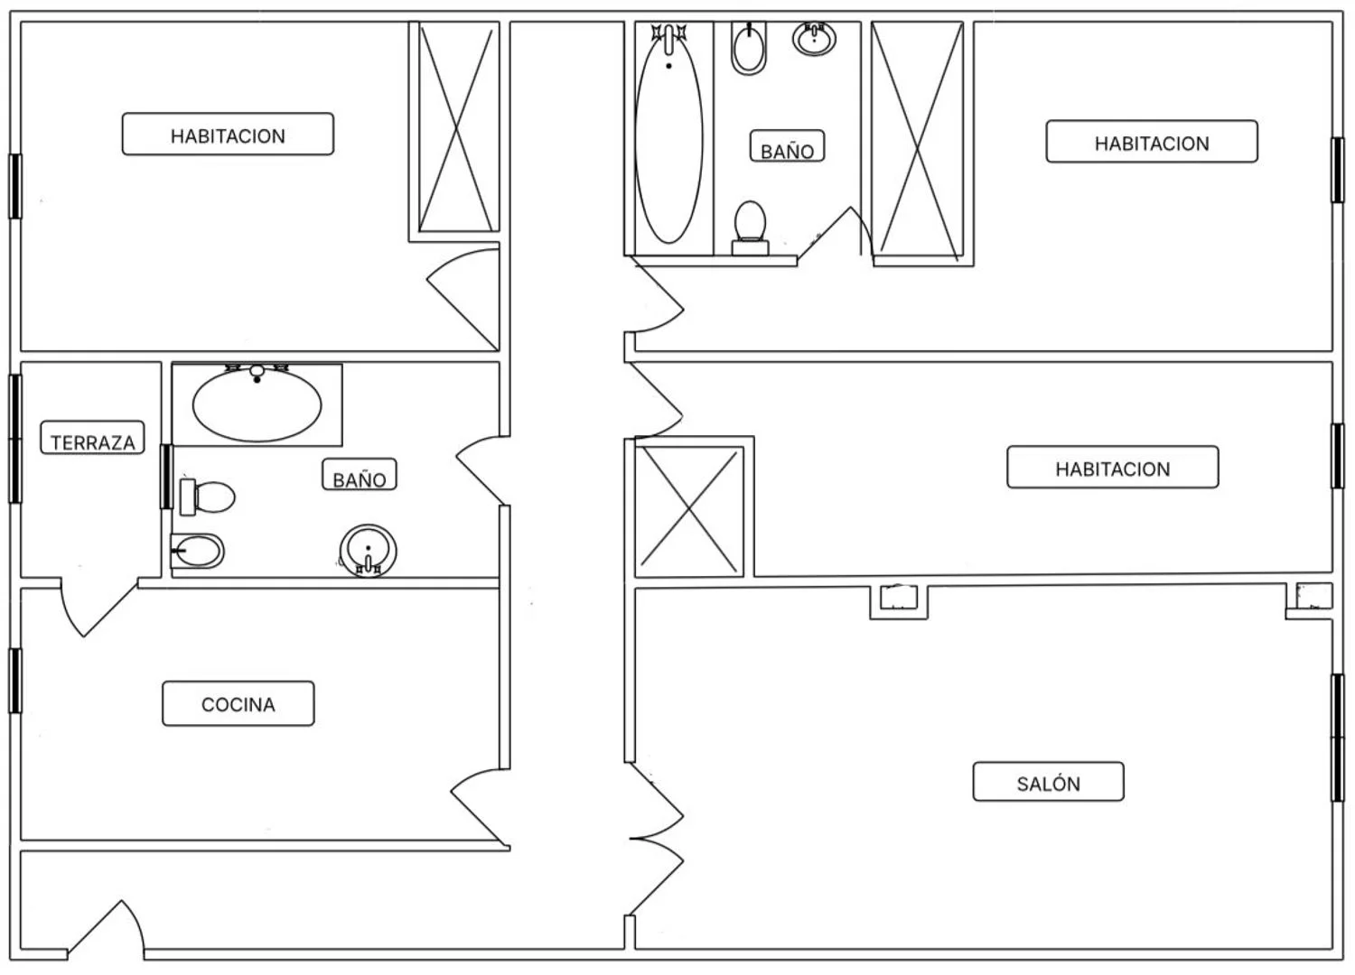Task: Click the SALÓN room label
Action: (1048, 783)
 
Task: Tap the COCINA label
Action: (238, 704)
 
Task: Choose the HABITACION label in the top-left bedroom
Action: (228, 135)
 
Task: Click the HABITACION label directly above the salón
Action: (1112, 468)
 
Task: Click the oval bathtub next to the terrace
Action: (257, 404)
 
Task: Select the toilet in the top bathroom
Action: (750, 226)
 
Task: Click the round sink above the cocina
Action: (368, 549)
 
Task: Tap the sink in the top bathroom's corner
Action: (814, 38)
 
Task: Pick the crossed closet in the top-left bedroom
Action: (457, 127)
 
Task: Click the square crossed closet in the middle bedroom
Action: (689, 510)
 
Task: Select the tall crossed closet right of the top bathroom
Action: (917, 143)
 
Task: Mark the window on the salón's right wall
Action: (1338, 737)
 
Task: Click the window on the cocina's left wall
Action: (15, 680)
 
